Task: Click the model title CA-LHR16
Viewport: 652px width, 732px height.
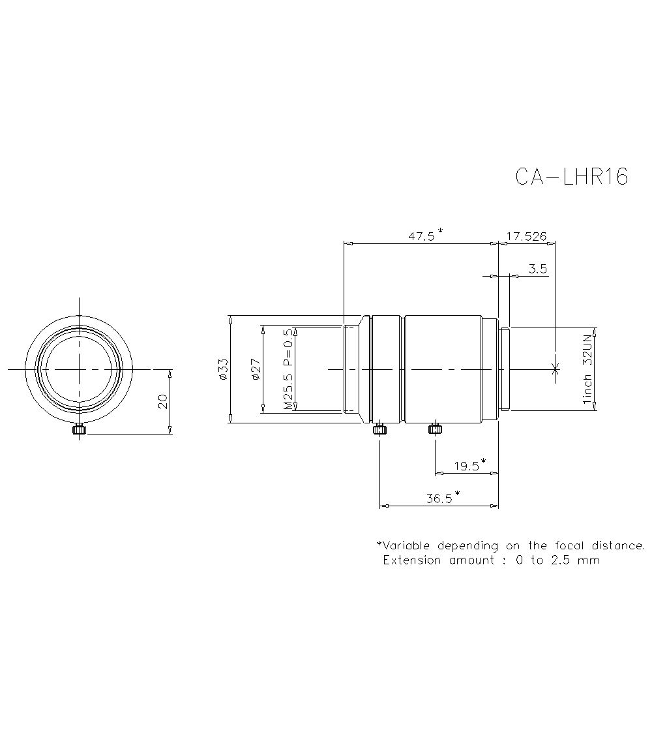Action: coord(571,176)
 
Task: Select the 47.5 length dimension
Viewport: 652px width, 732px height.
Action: coord(422,236)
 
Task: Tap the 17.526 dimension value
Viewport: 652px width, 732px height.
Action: coord(526,236)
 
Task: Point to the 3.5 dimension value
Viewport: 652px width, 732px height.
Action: coord(538,269)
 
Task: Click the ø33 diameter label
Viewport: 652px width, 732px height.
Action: coord(222,369)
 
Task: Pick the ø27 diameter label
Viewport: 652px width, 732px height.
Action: coord(255,369)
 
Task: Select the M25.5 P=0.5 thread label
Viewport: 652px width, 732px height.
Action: coord(288,369)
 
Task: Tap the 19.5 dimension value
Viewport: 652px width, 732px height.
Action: coord(466,466)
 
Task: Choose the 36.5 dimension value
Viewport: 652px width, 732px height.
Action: coord(439,498)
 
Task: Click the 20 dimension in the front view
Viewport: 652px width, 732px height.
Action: coord(163,401)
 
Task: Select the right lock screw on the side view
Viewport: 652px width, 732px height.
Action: coord(435,429)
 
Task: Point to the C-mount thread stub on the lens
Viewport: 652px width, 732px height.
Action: coord(504,369)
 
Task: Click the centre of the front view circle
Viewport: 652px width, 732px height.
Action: coord(79,369)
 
